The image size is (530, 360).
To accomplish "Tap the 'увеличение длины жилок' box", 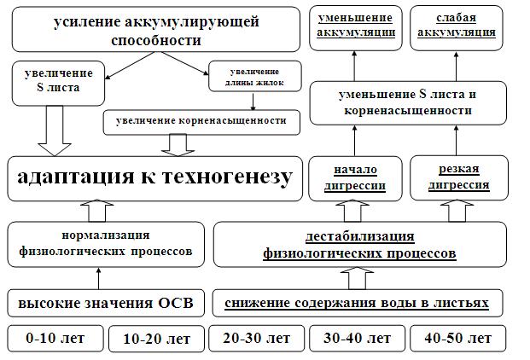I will click(x=253, y=77).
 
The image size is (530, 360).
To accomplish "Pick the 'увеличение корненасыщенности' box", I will click(x=207, y=121).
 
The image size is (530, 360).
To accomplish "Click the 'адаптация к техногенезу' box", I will click(x=154, y=177).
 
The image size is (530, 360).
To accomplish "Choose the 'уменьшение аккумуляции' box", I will click(x=356, y=26).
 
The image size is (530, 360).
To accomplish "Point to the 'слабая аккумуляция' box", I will click(x=463, y=26).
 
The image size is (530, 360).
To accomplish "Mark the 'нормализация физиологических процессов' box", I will click(x=107, y=243).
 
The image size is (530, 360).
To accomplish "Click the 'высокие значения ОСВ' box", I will click(x=107, y=303).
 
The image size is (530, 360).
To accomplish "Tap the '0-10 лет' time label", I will click(x=53, y=339).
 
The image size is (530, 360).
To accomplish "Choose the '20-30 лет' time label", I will click(x=254, y=339).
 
